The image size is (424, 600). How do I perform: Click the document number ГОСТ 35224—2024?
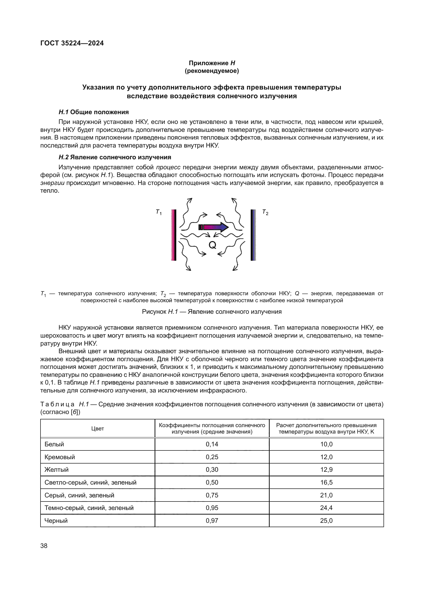coord(72,43)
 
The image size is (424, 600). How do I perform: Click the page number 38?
coord(44,546)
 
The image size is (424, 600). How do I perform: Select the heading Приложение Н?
coord(212,63)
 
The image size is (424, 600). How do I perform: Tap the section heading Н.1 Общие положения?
coord(94,112)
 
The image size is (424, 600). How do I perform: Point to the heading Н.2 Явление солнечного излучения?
coord(115,157)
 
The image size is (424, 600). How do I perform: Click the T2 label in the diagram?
coord(265,212)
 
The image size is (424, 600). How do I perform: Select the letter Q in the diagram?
coord(212,245)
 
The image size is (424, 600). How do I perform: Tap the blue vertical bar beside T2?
coord(253,235)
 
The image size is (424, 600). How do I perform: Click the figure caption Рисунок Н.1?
coord(212,311)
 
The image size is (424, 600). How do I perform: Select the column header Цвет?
coord(98,429)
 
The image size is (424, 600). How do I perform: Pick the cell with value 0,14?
coord(212,444)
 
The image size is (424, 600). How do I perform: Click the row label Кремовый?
coord(60,457)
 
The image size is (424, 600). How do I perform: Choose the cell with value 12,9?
coord(326,470)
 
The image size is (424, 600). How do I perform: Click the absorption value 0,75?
coord(212,495)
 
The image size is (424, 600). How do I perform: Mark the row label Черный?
coord(56,520)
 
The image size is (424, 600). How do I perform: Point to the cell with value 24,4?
coord(326,508)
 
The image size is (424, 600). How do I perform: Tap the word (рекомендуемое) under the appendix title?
coord(212,71)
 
